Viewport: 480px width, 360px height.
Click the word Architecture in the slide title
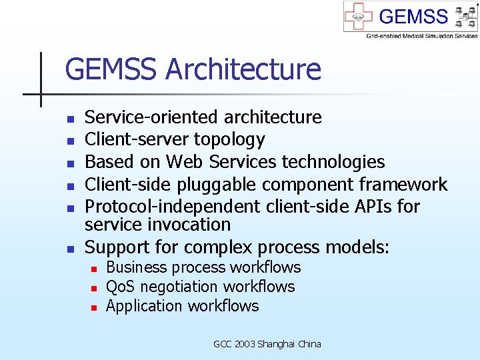[x=243, y=69]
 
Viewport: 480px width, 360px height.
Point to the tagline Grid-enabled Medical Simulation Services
[x=421, y=35]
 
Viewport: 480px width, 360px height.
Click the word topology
[x=229, y=140]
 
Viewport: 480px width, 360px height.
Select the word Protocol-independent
[x=174, y=207]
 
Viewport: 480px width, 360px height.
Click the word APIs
[x=371, y=207]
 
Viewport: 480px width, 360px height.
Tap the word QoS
[x=121, y=287]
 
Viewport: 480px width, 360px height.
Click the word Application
[x=144, y=306]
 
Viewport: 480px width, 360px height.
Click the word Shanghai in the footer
[x=275, y=344]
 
